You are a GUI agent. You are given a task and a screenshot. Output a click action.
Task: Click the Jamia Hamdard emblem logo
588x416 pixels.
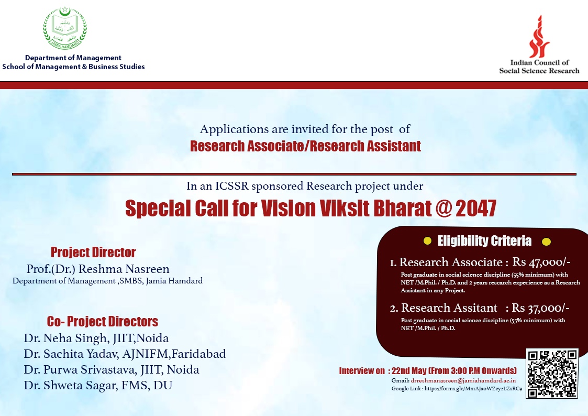(x=65, y=28)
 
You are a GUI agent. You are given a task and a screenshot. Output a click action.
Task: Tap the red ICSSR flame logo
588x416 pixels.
(x=539, y=37)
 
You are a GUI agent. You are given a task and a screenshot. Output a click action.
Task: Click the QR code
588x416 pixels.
(x=552, y=373)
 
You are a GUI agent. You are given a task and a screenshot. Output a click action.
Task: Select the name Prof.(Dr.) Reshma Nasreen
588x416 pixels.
(x=98, y=269)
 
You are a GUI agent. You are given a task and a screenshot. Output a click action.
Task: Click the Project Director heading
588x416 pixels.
(x=93, y=253)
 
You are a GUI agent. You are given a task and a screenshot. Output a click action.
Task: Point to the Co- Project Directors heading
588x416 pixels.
(x=103, y=322)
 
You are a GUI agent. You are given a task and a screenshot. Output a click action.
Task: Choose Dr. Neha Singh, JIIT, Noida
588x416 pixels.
(x=96, y=338)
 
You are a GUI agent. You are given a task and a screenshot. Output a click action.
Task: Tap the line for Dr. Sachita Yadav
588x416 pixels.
(x=125, y=354)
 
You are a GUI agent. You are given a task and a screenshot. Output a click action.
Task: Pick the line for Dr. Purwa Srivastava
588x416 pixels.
(x=112, y=370)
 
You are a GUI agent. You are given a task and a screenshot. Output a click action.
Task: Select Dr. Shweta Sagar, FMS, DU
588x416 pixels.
(x=98, y=386)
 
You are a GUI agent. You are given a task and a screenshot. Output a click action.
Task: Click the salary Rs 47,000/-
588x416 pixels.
(x=541, y=262)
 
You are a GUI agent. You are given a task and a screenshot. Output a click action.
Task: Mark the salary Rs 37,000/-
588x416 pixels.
(x=541, y=308)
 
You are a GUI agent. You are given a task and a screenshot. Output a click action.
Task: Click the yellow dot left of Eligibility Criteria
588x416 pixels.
(x=427, y=241)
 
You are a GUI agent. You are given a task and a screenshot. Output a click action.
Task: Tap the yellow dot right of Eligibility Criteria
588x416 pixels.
(x=547, y=242)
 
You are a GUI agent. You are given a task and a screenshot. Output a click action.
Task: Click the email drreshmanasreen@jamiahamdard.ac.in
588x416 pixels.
(x=463, y=380)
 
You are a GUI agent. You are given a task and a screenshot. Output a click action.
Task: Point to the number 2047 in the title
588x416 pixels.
(x=476, y=208)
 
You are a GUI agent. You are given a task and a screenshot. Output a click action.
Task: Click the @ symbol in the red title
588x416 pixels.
(x=444, y=209)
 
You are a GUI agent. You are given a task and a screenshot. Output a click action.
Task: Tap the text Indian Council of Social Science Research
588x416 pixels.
(x=539, y=67)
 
